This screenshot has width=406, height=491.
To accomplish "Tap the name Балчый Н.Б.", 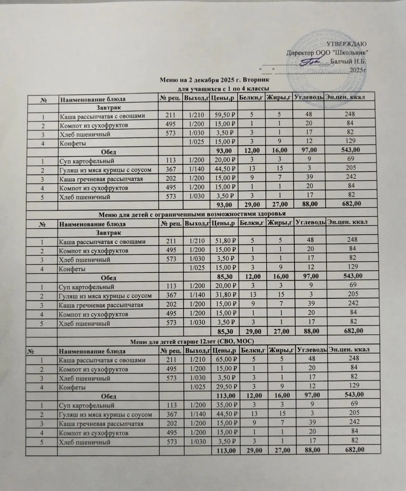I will tap(348, 61).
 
